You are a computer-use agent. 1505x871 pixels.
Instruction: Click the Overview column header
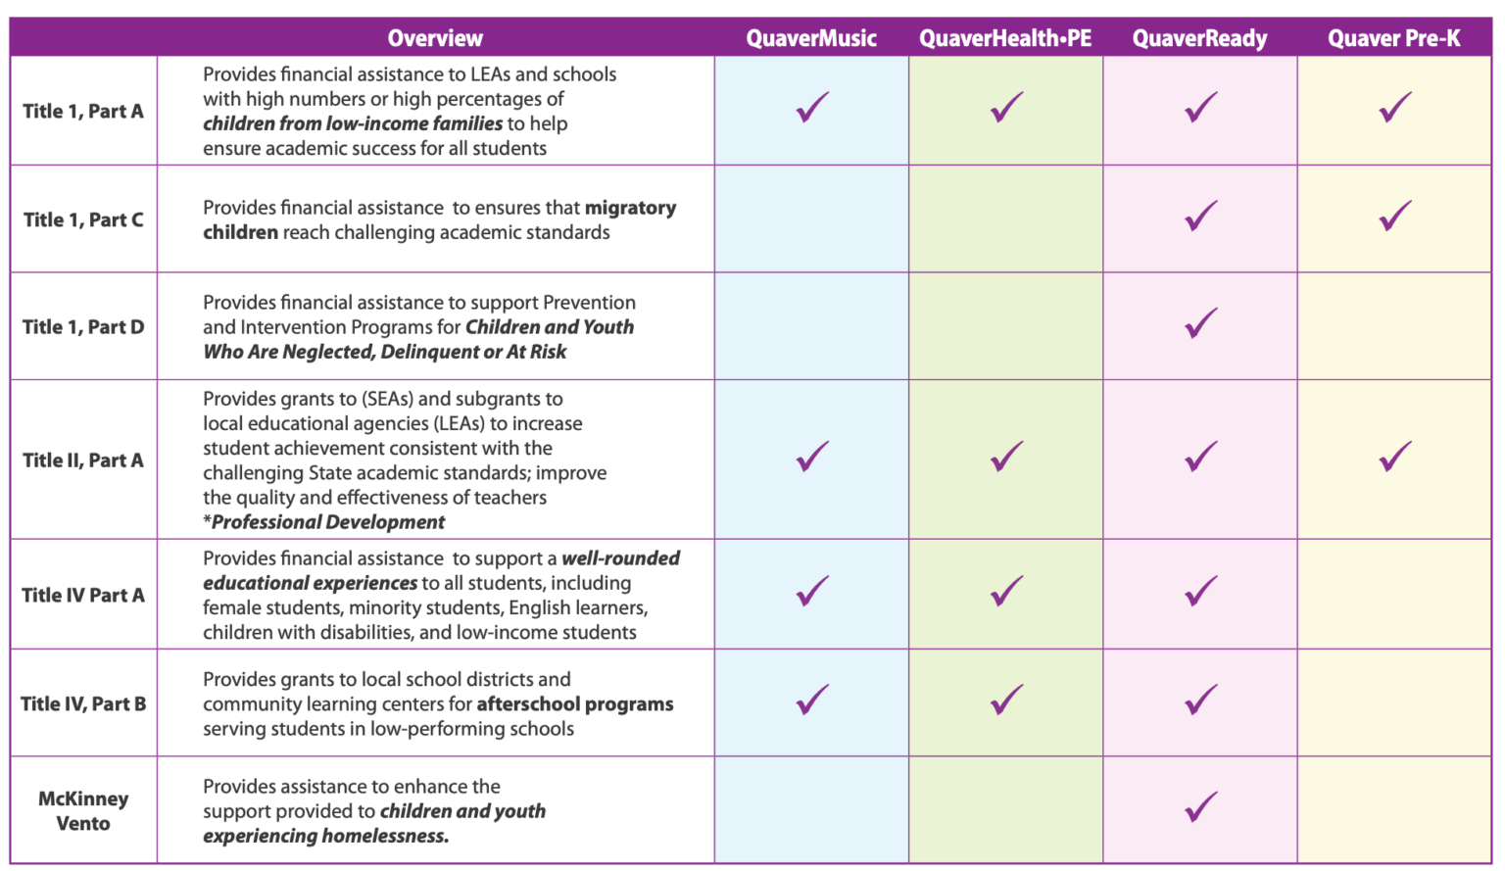[435, 38]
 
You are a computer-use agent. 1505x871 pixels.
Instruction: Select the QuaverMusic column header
[811, 38]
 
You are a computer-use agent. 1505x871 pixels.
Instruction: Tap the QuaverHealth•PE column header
[1005, 38]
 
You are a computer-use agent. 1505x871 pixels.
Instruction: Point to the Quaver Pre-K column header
[1393, 38]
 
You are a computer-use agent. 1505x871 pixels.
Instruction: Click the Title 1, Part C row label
[83, 219]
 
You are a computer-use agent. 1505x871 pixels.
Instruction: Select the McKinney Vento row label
[83, 810]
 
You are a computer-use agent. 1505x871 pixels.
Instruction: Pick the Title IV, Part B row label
[83, 703]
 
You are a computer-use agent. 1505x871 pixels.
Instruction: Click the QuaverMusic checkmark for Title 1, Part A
[812, 107]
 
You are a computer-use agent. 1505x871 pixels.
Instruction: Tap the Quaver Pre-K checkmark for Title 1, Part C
[1395, 216]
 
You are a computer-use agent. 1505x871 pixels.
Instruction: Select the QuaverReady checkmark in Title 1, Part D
[1200, 323]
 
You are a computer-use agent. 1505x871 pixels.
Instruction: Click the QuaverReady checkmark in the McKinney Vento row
[1200, 806]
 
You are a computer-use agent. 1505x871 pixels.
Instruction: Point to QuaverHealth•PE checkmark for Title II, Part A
[1006, 457]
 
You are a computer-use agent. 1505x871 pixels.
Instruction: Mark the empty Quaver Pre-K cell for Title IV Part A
[1394, 594]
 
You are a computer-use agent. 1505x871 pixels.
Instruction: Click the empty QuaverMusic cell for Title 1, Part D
[811, 326]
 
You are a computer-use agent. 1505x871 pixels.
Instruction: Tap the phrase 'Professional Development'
[328, 522]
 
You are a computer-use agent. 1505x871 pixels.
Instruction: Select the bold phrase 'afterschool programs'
[575, 703]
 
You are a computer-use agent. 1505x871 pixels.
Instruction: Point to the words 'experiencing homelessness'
[325, 836]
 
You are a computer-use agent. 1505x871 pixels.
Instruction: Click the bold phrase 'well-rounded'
[620, 557]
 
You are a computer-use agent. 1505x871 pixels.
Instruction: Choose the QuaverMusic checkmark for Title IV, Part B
[812, 700]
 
